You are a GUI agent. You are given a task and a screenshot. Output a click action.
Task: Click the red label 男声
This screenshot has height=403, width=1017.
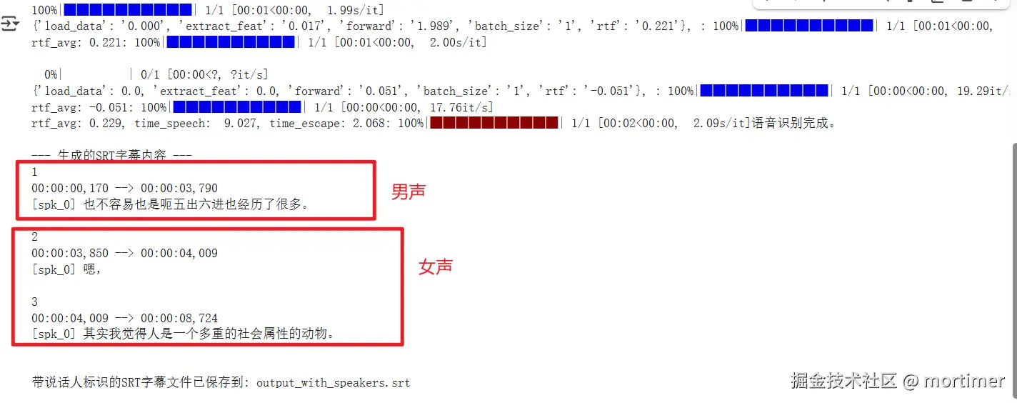409,191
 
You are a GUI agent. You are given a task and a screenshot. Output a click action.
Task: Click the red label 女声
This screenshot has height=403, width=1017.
436,267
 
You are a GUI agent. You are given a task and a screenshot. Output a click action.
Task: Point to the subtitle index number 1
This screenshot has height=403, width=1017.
34,172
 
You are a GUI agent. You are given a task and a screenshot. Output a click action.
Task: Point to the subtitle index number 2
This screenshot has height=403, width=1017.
35,237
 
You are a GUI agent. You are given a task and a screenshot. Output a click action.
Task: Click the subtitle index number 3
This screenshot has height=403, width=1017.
35,302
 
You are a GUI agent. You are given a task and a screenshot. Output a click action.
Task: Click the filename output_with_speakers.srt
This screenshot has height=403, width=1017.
333,382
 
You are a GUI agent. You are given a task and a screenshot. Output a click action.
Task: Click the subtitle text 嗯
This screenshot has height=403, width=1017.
91,269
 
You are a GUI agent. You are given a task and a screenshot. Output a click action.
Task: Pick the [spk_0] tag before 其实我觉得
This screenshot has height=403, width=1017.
54,334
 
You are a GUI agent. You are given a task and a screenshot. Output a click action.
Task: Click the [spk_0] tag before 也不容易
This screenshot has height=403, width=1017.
54,205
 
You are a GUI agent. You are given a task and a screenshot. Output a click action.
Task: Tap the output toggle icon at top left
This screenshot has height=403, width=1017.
11,25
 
